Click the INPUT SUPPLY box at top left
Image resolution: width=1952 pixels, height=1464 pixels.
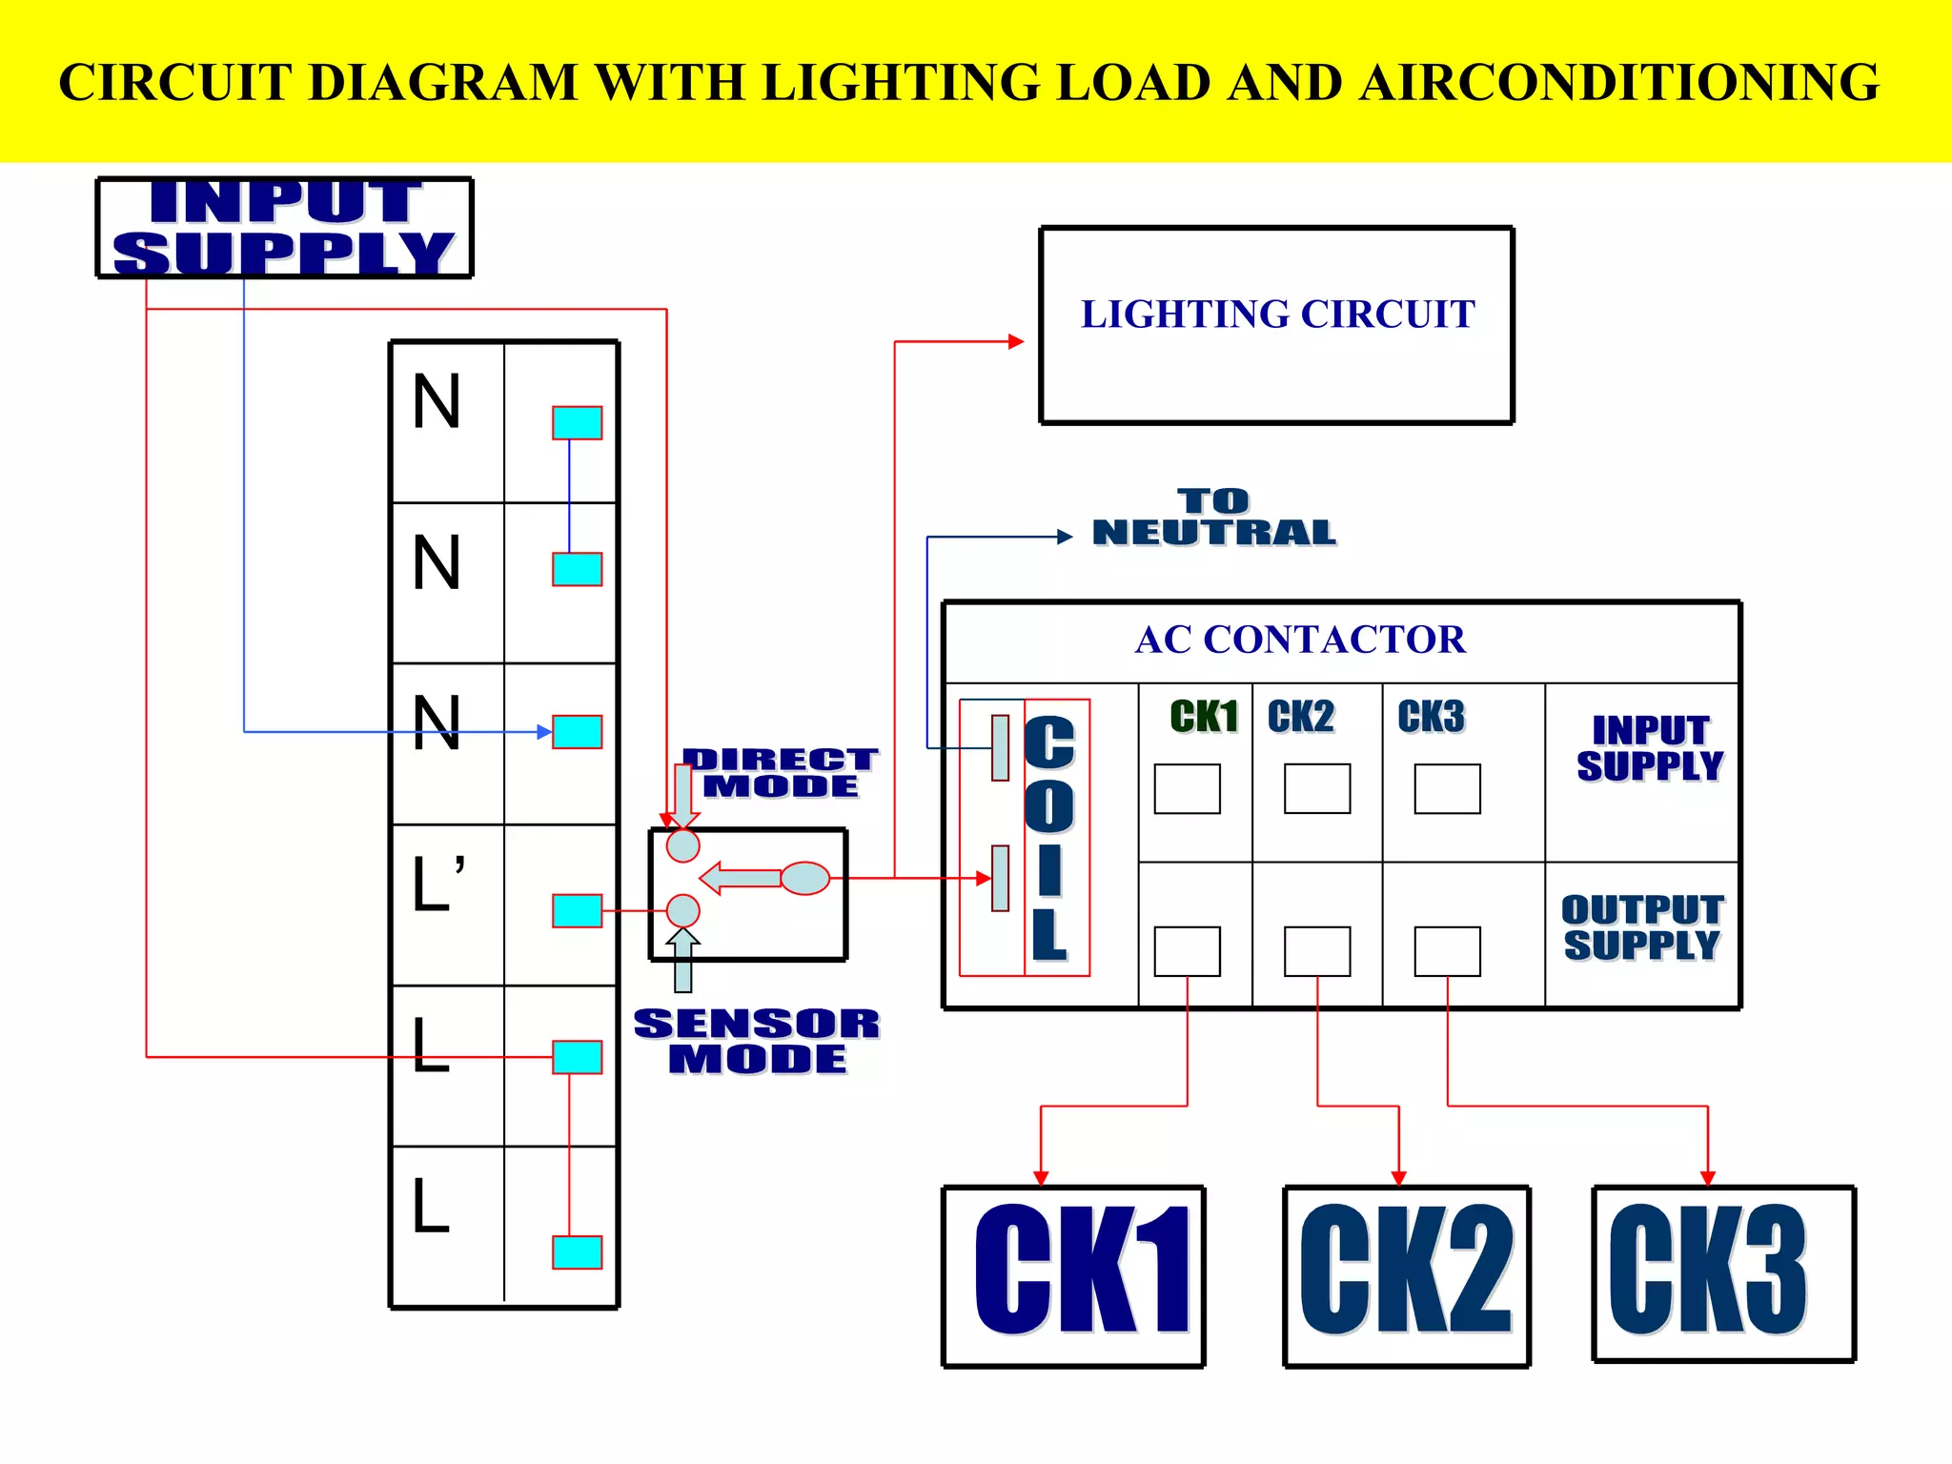(284, 228)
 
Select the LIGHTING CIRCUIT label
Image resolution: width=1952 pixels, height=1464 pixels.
(1277, 315)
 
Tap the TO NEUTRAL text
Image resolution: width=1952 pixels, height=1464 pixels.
(1213, 518)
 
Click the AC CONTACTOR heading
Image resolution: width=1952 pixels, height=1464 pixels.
(1300, 640)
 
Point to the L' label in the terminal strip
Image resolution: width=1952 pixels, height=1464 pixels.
(437, 884)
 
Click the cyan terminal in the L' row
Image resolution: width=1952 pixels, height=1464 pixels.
(577, 910)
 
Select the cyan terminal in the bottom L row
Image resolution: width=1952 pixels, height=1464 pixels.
(577, 1251)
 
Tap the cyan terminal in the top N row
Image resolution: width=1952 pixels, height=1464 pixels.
(577, 422)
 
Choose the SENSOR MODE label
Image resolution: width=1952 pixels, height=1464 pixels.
(757, 1041)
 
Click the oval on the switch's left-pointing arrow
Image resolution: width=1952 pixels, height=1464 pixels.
(805, 878)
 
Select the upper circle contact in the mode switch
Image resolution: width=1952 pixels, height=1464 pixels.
(682, 845)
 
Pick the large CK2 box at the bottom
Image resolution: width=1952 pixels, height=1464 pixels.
(1406, 1275)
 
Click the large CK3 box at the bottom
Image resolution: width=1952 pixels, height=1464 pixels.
(1722, 1273)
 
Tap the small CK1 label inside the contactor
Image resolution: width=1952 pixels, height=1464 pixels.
(1203, 717)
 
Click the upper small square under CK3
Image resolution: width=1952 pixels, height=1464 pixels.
(1447, 788)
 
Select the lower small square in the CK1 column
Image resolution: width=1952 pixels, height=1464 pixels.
(1187, 951)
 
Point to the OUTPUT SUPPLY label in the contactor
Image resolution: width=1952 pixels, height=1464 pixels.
(1641, 926)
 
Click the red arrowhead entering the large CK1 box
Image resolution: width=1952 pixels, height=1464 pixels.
(1041, 1178)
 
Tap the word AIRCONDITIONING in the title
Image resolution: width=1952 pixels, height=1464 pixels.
(1618, 83)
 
